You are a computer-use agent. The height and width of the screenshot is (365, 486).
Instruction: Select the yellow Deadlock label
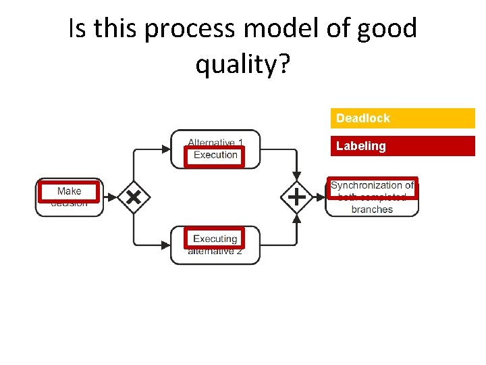pyautogui.click(x=402, y=118)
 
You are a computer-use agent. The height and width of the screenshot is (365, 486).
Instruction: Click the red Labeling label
pyautogui.click(x=402, y=146)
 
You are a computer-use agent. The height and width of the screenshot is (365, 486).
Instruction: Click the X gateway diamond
pyautogui.click(x=134, y=197)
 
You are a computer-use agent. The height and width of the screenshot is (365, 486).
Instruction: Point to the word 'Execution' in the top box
pyautogui.click(x=215, y=155)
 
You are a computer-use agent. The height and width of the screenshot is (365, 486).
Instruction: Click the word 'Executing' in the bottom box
pyautogui.click(x=215, y=239)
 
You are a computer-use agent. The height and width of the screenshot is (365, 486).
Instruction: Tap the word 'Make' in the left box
pyautogui.click(x=69, y=191)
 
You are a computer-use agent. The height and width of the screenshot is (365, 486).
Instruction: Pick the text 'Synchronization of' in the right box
pyautogui.click(x=372, y=185)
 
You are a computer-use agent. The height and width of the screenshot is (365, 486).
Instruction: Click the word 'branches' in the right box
pyautogui.click(x=372, y=210)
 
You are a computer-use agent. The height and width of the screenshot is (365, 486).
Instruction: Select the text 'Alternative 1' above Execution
pyautogui.click(x=215, y=142)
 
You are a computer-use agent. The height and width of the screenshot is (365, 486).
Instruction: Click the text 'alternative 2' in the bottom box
pyautogui.click(x=215, y=251)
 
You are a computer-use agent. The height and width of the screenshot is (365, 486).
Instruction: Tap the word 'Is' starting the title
pyautogui.click(x=78, y=29)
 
